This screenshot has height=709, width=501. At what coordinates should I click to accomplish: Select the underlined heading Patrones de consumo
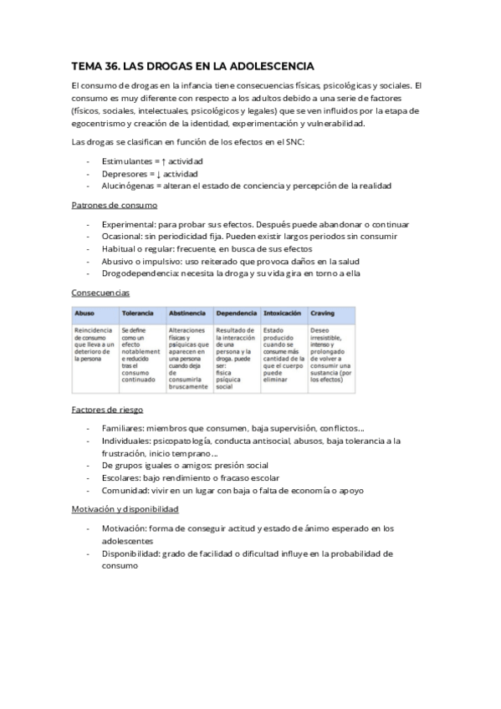tap(114, 205)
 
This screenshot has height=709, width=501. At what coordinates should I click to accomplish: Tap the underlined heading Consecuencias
tap(100, 293)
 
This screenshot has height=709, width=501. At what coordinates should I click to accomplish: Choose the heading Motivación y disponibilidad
tap(125, 508)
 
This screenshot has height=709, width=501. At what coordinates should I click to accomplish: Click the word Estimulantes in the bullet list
tap(127, 161)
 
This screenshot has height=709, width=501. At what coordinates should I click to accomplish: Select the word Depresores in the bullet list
tap(124, 173)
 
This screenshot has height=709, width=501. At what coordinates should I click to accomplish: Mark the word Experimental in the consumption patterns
tap(129, 225)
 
